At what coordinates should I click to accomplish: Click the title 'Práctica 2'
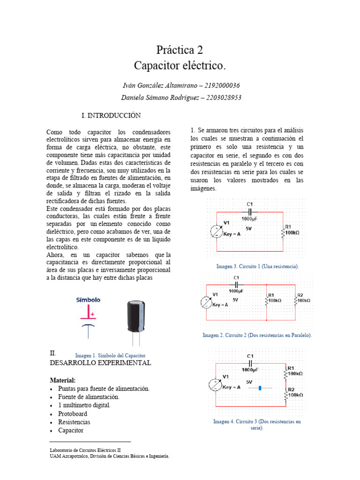tap(180, 50)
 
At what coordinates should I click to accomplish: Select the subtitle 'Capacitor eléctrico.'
tap(180, 66)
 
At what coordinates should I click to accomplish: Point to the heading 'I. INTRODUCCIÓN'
tap(111, 115)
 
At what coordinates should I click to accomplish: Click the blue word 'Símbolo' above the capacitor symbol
tap(88, 300)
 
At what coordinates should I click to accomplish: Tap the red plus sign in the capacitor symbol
tap(93, 314)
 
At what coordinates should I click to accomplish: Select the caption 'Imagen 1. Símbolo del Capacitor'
tap(110, 355)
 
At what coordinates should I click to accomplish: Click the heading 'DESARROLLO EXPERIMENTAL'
tap(100, 363)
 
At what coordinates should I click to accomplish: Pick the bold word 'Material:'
tap(62, 380)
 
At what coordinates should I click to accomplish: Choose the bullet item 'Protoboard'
tap(73, 414)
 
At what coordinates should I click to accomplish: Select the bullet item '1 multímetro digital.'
tap(84, 405)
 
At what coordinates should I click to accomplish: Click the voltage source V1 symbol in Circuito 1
tap(216, 231)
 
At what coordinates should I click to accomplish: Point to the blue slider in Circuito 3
tap(260, 388)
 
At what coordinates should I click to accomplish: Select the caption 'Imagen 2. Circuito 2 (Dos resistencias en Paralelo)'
tap(257, 336)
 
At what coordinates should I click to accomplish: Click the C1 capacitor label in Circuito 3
tap(250, 356)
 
